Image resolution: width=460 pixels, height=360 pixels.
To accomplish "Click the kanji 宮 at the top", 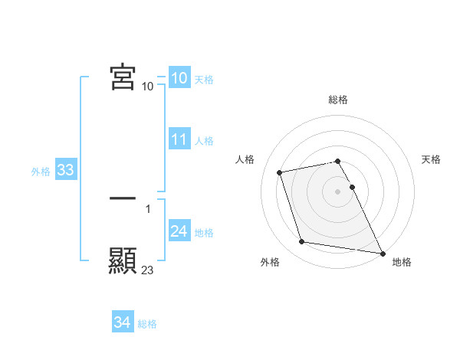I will [123, 77].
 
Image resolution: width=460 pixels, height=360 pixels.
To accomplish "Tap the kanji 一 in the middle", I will [123, 198].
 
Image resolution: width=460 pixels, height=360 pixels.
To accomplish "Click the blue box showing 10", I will [179, 78].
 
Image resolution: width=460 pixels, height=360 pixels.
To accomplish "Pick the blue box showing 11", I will [179, 139].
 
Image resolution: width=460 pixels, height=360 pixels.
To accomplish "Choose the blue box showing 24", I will [179, 231].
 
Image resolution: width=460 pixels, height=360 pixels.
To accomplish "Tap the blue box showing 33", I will [65, 170].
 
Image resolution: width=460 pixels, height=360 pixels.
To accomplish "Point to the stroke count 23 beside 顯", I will [148, 270].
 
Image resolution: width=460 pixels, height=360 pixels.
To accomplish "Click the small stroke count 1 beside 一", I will [148, 208].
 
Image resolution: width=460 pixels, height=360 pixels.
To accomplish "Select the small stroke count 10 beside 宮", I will [148, 87].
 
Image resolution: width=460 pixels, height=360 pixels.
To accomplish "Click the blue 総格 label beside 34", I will [147, 324].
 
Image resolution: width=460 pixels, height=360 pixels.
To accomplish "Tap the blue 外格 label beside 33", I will [41, 172].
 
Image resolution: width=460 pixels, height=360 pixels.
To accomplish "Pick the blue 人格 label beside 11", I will [204, 141].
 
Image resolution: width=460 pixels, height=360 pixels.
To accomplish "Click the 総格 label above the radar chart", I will [338, 100].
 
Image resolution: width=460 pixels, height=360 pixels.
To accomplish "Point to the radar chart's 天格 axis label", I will [431, 159].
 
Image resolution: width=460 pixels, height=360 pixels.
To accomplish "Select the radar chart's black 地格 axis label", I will [402, 262].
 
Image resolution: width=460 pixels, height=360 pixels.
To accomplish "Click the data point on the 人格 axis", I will [280, 172].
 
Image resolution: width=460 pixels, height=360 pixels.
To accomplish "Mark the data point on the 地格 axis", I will [381, 252].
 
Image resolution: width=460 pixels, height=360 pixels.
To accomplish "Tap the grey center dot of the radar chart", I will [337, 191].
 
